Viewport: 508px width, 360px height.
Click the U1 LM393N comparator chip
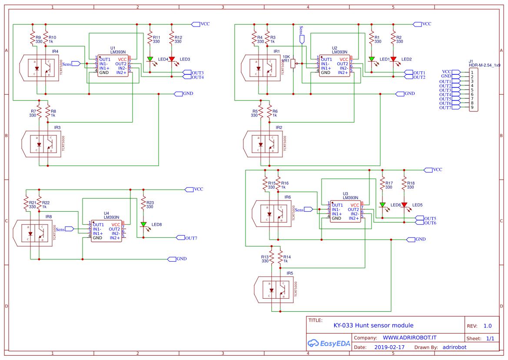[113, 66]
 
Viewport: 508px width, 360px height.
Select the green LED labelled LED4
[150, 59]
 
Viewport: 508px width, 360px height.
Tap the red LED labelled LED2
[393, 59]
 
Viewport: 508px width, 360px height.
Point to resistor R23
[143, 204]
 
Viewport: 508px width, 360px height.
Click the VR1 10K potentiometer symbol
[293, 64]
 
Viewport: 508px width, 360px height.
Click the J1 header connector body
[474, 90]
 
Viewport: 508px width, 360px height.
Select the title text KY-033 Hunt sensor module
[373, 325]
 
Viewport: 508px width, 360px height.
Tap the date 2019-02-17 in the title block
[389, 347]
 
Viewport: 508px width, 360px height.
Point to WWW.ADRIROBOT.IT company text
[409, 337]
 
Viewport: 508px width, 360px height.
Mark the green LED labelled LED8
[143, 224]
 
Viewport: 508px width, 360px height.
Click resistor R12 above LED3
[172, 39]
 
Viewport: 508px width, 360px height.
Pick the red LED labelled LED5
[404, 205]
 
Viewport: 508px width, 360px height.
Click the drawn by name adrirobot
[454, 347]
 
